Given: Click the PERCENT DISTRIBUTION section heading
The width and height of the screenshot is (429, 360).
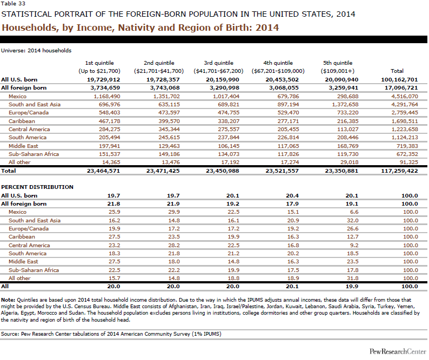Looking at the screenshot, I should coord(37,187).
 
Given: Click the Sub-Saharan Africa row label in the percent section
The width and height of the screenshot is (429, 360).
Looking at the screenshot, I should coord(33,270).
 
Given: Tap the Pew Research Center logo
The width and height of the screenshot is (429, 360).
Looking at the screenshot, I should coord(397,351).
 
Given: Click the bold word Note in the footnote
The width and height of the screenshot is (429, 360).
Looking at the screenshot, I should coord(8,299).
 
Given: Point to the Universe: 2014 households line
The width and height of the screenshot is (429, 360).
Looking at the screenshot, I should coord(36,51).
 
